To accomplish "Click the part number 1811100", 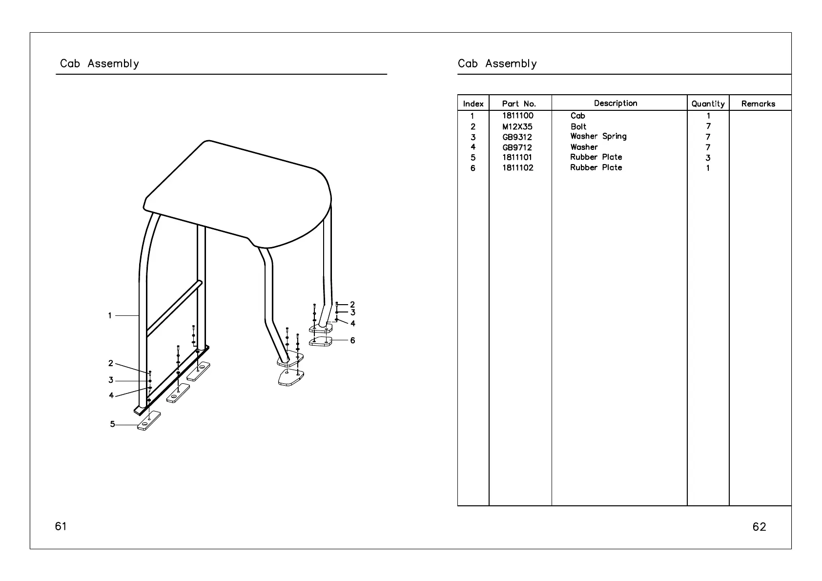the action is (517, 116).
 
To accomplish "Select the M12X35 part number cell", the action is (517, 126).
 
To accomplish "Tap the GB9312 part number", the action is (517, 137).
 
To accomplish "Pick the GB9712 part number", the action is (517, 147).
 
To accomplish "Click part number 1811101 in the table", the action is (517, 158).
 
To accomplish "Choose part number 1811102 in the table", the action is (517, 168).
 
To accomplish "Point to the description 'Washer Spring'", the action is (598, 137).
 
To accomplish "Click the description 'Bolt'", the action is (578, 126).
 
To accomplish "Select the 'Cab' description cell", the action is (577, 116).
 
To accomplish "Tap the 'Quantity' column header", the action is (708, 104).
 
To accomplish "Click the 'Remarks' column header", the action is (758, 104).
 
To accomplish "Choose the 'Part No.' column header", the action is (519, 104).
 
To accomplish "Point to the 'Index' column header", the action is (473, 104).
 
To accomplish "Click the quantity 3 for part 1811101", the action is (708, 158).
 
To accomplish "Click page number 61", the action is (61, 526).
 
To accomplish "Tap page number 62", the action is (759, 527).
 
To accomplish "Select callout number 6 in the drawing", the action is (352, 340).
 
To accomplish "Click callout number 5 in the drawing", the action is (112, 424).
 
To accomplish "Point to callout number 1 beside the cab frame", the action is (110, 316).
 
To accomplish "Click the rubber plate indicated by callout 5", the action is (149, 421).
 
